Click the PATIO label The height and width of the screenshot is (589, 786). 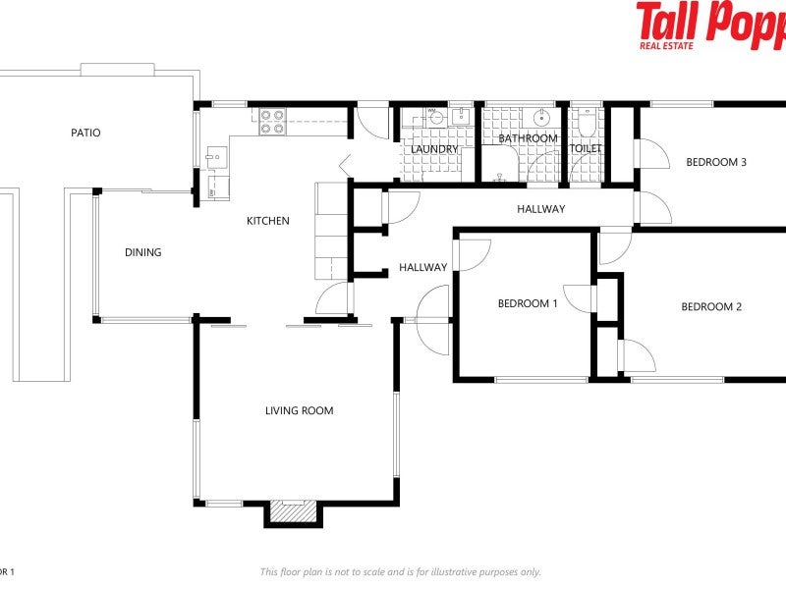point(84,133)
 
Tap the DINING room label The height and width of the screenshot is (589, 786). point(142,252)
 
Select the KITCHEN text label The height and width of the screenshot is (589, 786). point(267,221)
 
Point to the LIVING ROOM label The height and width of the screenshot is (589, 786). point(299,410)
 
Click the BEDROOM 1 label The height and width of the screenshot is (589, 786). point(528,303)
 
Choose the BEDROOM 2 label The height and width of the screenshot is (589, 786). point(711,306)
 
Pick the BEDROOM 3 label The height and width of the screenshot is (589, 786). point(716,162)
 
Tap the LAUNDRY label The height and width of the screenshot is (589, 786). point(435,149)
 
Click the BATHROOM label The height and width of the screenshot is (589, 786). point(528,138)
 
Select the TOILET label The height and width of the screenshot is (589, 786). point(587,149)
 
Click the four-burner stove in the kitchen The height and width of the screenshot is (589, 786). point(272,121)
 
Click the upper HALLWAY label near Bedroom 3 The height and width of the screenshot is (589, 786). point(541,209)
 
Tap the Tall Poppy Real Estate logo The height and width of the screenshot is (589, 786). point(710,25)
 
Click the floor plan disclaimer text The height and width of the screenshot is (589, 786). point(400,571)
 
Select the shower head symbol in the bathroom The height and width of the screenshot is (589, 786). point(500,178)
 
